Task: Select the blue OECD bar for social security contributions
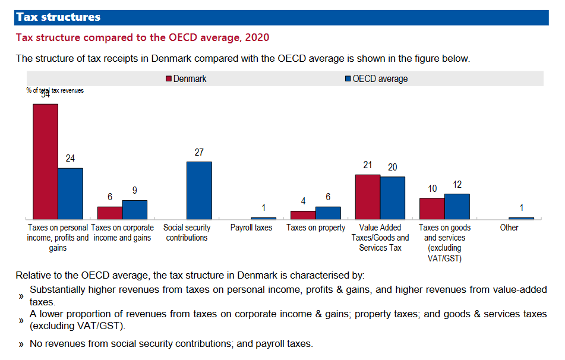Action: [x=199, y=190]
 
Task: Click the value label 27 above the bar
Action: [x=199, y=153]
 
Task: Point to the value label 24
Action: [x=70, y=159]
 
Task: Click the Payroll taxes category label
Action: [x=251, y=228]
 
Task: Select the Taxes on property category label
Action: [x=315, y=228]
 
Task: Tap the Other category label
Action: [x=509, y=228]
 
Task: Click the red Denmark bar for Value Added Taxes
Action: [x=368, y=197]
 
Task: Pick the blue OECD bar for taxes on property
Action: [x=328, y=213]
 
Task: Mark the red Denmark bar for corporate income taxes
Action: [x=110, y=213]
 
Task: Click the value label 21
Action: [x=367, y=166]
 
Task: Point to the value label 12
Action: [x=457, y=185]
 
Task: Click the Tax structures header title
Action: [x=58, y=17]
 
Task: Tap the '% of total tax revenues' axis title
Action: [x=55, y=90]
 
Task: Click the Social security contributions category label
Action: [x=187, y=232]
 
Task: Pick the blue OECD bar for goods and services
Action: [x=457, y=206]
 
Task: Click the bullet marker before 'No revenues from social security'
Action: [x=21, y=344]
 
